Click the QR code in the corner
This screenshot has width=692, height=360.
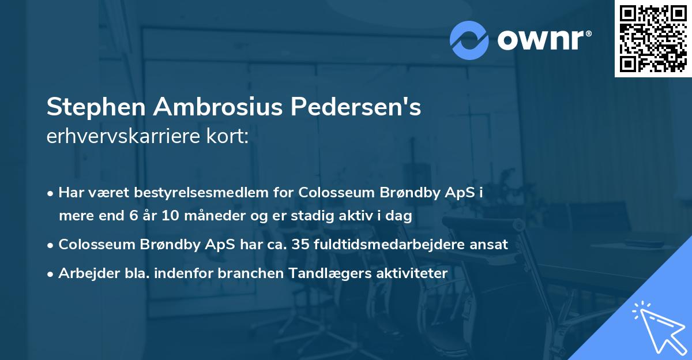click(653, 38)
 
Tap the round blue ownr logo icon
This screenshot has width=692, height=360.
click(469, 40)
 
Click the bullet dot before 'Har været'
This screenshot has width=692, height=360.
click(51, 193)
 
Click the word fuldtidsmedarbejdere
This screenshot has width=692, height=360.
click(384, 245)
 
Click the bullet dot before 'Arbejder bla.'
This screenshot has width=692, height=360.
click(51, 274)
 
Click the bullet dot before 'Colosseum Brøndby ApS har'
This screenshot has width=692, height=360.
click(51, 245)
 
